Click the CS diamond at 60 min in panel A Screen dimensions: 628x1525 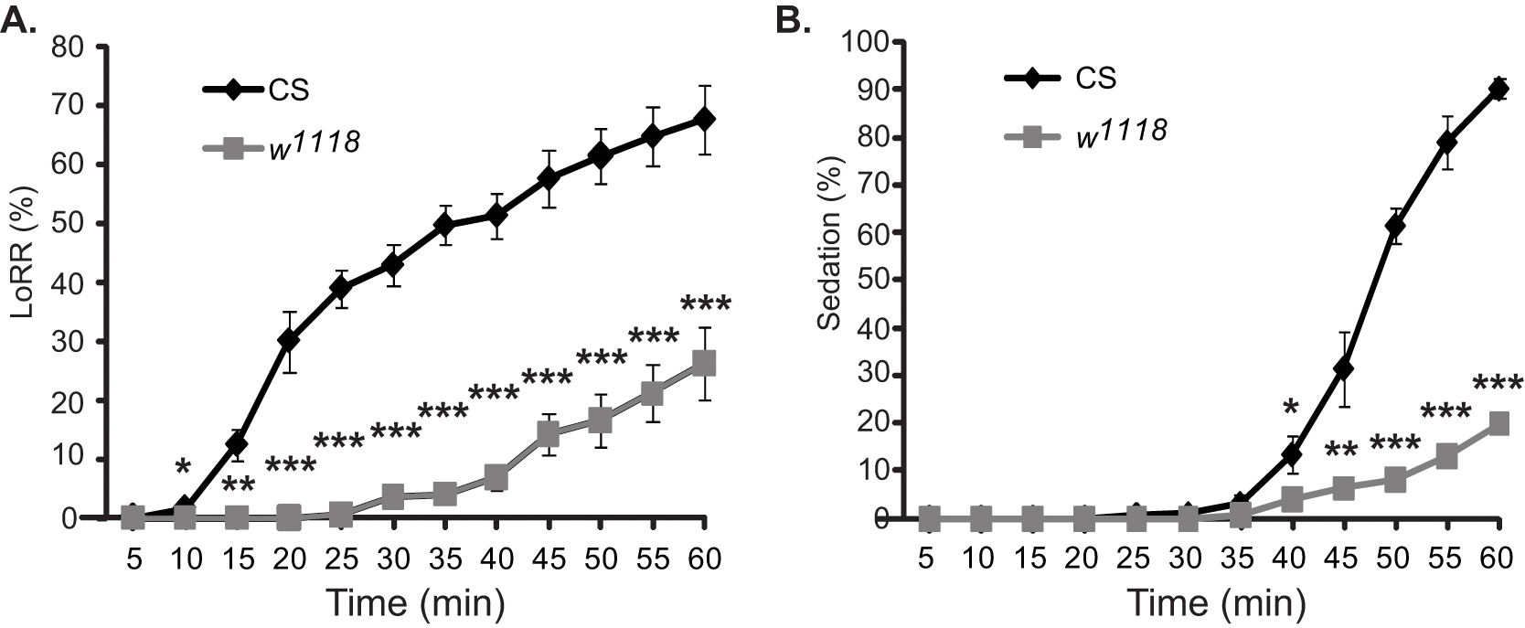coord(704,120)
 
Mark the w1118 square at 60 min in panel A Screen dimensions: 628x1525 coord(704,364)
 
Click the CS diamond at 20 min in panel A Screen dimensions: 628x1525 coord(288,340)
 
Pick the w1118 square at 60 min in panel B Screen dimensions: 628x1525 coord(1499,422)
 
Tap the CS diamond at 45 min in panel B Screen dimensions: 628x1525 coord(1344,368)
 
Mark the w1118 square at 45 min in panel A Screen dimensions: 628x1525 coord(548,434)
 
